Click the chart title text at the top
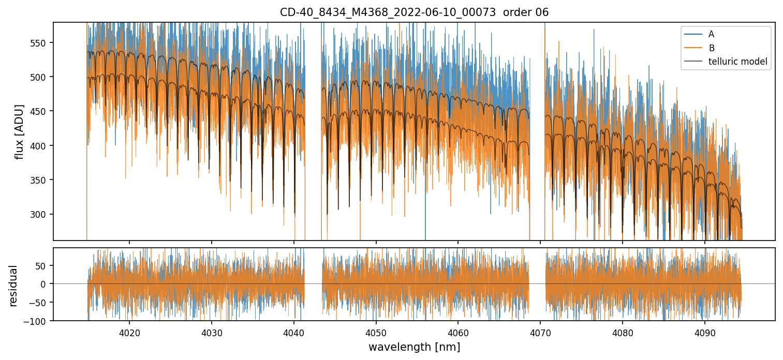pos(414,12)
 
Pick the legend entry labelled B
pos(711,48)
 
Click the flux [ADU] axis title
pos(19,131)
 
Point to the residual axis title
pos(13,286)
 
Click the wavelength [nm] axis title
pos(414,347)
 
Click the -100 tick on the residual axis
pos(37,321)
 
